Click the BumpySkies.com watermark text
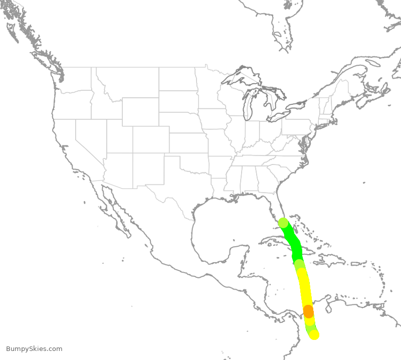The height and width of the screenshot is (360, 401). tap(34, 349)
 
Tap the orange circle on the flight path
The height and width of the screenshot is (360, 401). tap(308, 311)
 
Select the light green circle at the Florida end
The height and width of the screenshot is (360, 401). tap(283, 223)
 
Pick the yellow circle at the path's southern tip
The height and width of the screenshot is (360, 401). tap(314, 334)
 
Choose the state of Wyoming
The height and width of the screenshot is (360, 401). tap(140, 111)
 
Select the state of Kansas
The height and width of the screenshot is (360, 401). tap(188, 143)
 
